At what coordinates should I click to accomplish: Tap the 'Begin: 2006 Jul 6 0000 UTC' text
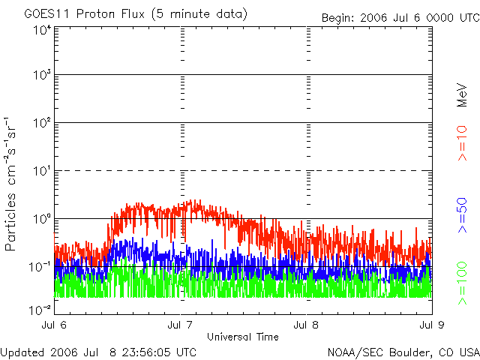point(399,17)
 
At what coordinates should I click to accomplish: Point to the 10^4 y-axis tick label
point(40,30)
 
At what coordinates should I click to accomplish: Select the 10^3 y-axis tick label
point(40,76)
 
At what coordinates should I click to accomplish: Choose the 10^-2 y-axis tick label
point(40,309)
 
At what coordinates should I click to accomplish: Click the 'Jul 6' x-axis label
point(55,325)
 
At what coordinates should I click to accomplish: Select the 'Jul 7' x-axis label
point(181,325)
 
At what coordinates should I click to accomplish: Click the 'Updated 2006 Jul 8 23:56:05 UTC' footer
point(99,351)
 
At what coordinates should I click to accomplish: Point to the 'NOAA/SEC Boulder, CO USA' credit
point(403,351)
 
